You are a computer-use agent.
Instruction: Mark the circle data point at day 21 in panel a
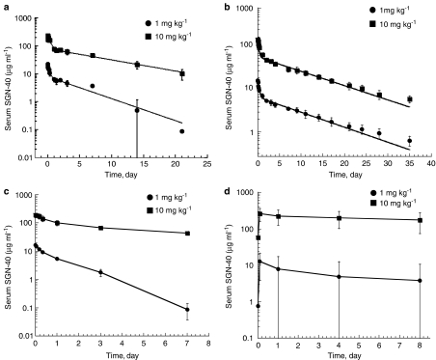180,131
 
